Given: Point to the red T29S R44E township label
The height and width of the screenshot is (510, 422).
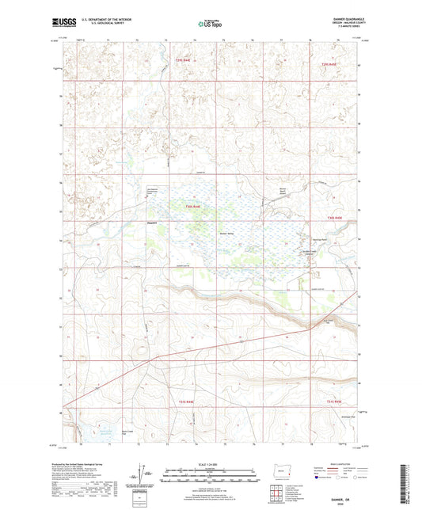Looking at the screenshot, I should tap(184, 60).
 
